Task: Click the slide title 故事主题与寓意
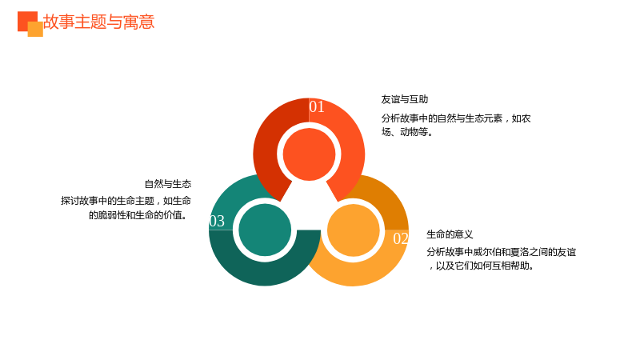pos(98,22)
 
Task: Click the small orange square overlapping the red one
pos(35,30)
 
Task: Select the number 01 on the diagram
pos(317,106)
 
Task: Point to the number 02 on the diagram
pos(401,238)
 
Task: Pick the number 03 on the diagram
pos(217,221)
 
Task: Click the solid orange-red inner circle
pos(309,154)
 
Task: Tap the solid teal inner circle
pos(265,230)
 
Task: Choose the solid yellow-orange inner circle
pos(354,230)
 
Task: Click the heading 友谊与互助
pos(405,99)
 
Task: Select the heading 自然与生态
pos(168,184)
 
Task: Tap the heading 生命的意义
pos(450,234)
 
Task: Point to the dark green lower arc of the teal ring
pos(265,273)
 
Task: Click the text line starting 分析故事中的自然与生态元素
pos(456,118)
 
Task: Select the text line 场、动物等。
pos(407,132)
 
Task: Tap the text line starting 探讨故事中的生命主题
pos(126,201)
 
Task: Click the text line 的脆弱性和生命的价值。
pos(139,215)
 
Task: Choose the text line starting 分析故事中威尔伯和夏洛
pos(502,252)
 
